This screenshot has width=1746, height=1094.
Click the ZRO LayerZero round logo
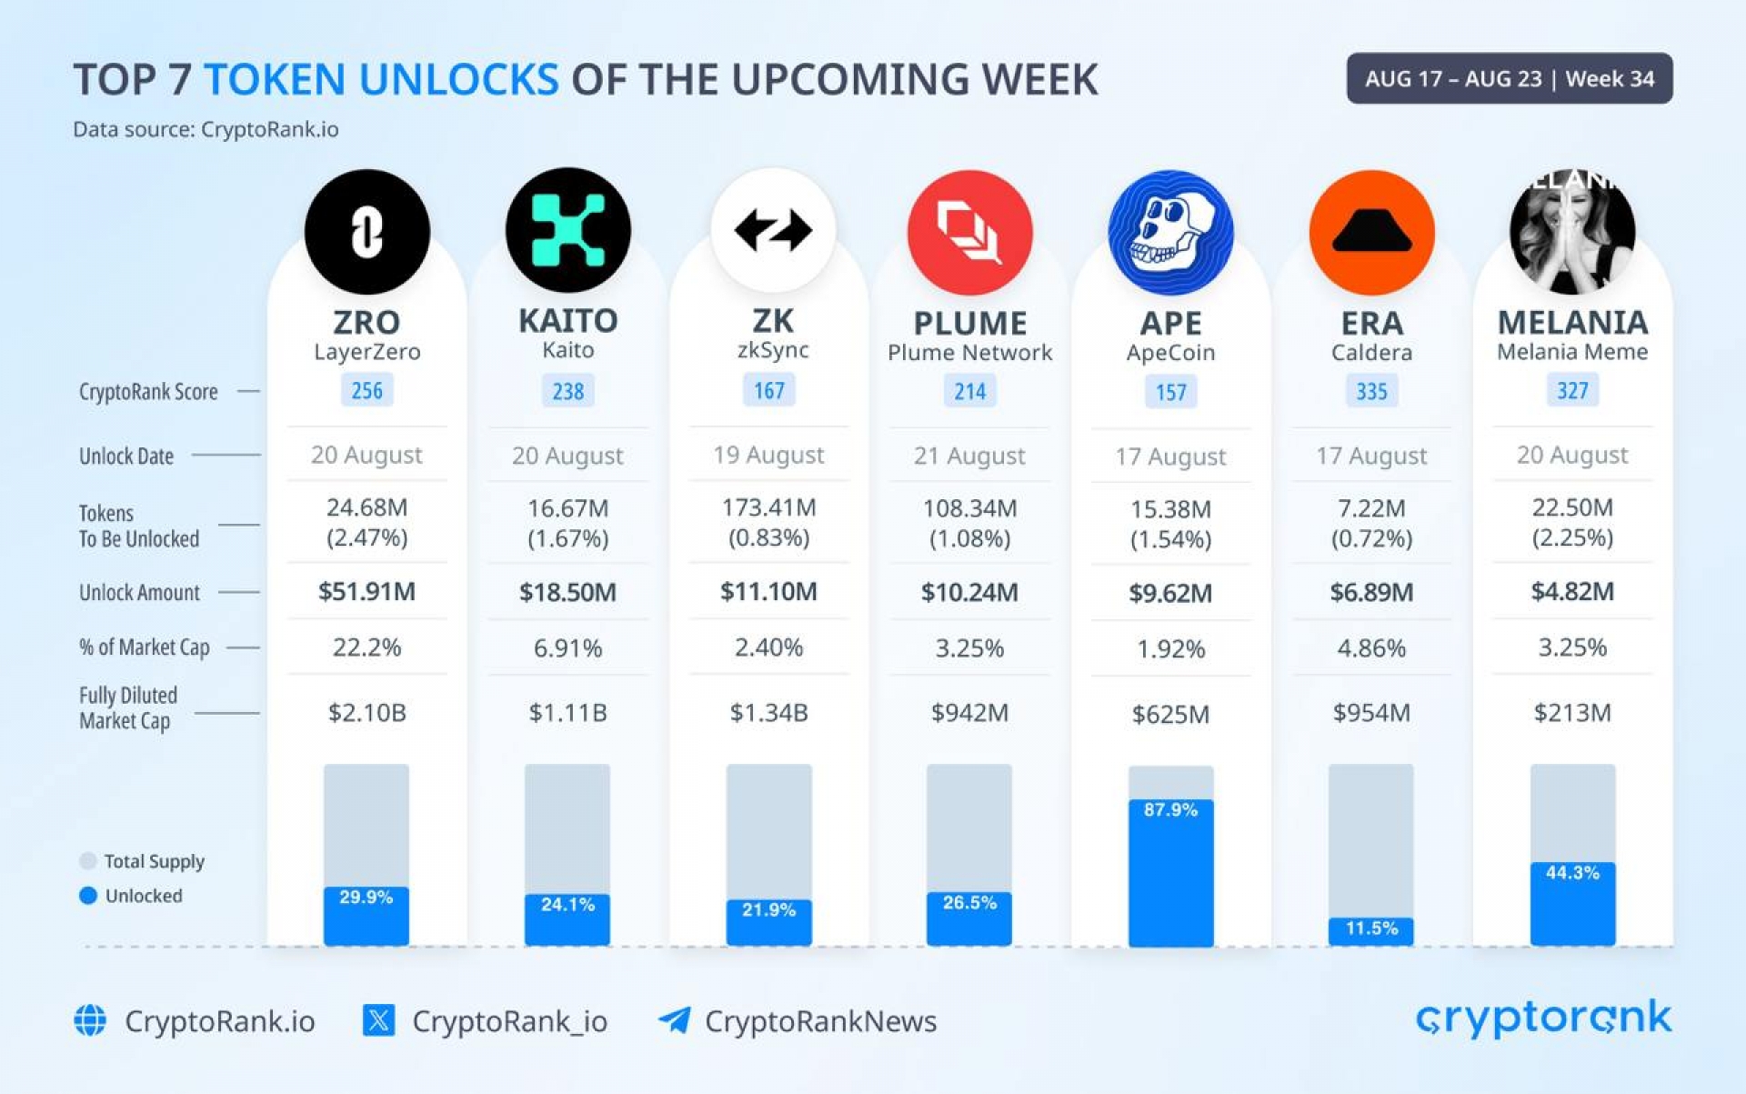pyautogui.click(x=366, y=231)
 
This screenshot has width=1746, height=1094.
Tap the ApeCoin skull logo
pyautogui.click(x=1170, y=232)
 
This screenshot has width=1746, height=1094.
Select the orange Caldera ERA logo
pyautogui.click(x=1371, y=232)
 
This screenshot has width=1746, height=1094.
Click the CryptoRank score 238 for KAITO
pyautogui.click(x=567, y=391)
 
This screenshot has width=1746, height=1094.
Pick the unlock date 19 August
pyautogui.click(x=768, y=455)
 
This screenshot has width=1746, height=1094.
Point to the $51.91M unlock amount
pyautogui.click(x=366, y=592)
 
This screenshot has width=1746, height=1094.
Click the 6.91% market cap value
pyautogui.click(x=567, y=648)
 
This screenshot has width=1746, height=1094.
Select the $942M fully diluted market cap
pyautogui.click(x=969, y=713)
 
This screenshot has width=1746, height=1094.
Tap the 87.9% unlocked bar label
pyautogui.click(x=1170, y=809)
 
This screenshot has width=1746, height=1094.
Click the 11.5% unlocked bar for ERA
pyautogui.click(x=1371, y=928)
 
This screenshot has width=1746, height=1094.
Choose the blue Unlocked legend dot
pyautogui.click(x=88, y=896)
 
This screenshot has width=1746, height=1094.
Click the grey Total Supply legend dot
pyautogui.click(x=88, y=861)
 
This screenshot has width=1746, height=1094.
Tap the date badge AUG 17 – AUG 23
pyautogui.click(x=1509, y=78)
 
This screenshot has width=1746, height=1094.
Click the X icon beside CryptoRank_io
pyautogui.click(x=378, y=1020)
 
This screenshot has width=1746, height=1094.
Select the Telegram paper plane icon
pyautogui.click(x=675, y=1020)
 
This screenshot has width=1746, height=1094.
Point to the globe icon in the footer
pyautogui.click(x=90, y=1020)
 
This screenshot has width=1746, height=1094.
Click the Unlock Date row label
pyautogui.click(x=126, y=456)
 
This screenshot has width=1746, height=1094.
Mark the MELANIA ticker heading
pyautogui.click(x=1571, y=323)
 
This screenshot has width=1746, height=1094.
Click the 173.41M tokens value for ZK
pyautogui.click(x=768, y=507)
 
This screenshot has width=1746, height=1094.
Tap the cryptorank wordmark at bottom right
pyautogui.click(x=1543, y=1019)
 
